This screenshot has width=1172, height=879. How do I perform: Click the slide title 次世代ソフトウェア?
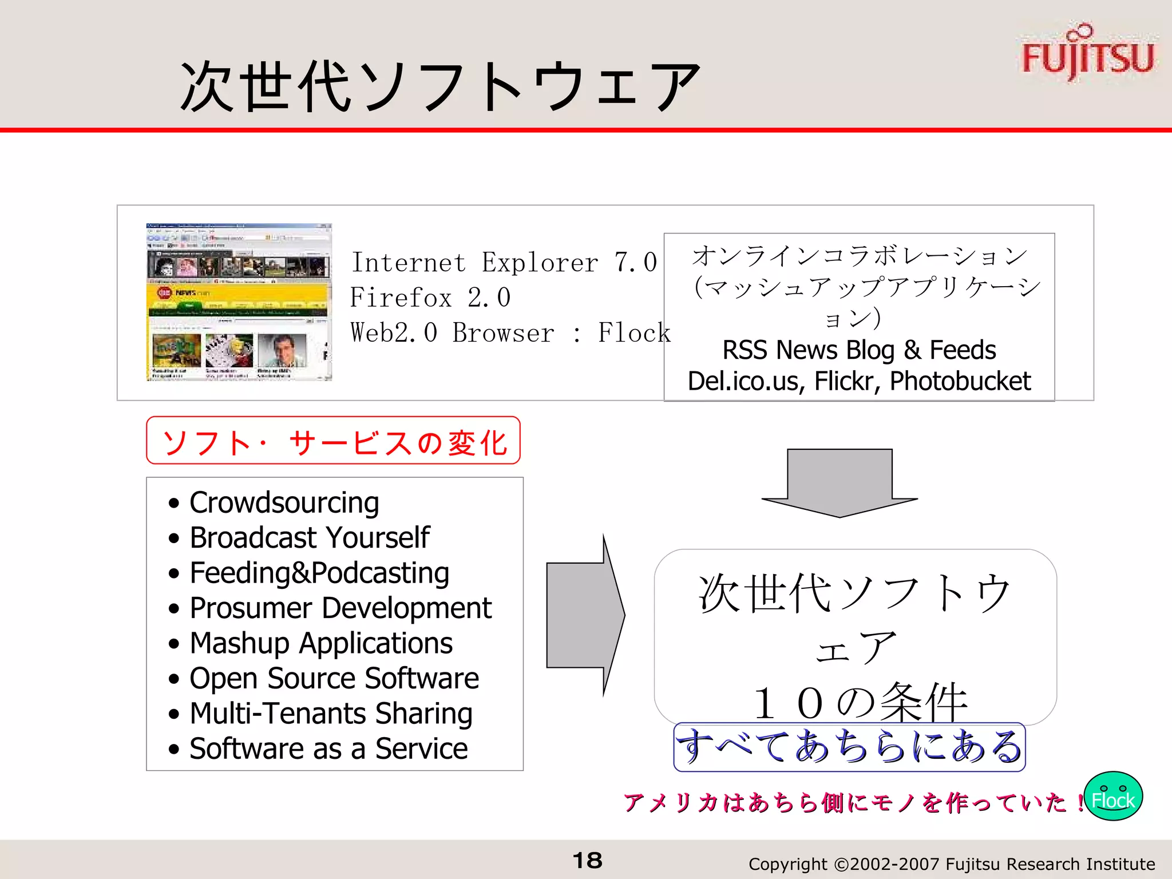click(x=439, y=86)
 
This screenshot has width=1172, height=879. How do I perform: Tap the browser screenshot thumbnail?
click(x=239, y=302)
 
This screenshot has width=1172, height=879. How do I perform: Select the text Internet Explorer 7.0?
click(x=504, y=263)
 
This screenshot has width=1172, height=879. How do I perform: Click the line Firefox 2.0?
click(x=430, y=298)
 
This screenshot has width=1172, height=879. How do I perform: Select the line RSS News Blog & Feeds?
click(x=858, y=350)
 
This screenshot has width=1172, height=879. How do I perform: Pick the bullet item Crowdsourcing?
click(x=284, y=502)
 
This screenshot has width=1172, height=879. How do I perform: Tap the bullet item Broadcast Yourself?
click(x=309, y=537)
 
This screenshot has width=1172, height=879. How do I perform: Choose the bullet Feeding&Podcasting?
click(x=319, y=573)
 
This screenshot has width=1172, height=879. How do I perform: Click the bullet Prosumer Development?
click(x=340, y=608)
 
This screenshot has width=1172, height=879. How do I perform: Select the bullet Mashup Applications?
click(x=320, y=643)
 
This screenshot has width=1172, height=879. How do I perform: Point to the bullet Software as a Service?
click(x=328, y=749)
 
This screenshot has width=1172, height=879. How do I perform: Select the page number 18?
click(x=587, y=860)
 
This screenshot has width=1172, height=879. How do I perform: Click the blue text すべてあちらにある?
click(x=849, y=746)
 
